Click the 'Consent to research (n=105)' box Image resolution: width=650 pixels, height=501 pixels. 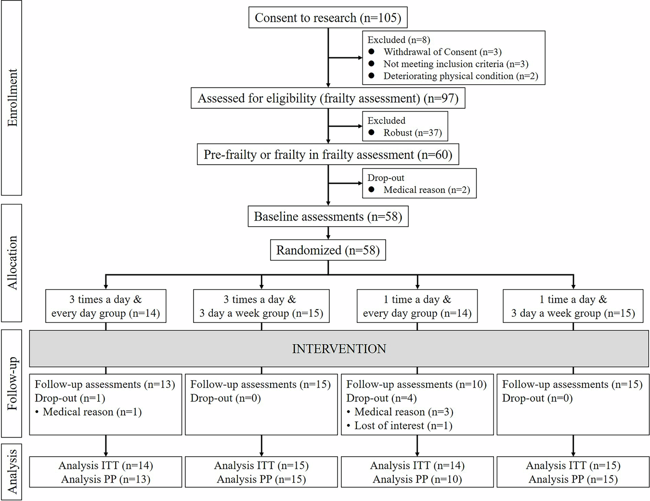coord(328,18)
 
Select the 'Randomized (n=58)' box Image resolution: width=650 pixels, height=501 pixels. coord(328,250)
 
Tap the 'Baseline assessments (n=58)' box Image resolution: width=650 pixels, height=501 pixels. coord(328,217)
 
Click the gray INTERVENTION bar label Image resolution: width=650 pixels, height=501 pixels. coord(339,349)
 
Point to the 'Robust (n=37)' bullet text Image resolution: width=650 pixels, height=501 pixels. coord(412,133)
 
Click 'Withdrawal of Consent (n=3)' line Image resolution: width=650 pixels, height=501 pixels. coord(442,52)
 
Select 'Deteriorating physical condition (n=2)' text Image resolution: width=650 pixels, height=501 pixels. coord(460,76)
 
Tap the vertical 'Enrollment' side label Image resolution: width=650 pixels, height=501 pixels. coord(12,98)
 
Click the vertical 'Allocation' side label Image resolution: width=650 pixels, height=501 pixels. coord(12,263)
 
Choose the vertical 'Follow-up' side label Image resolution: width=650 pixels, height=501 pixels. coord(12,384)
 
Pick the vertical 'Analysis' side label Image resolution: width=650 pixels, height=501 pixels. coord(12,472)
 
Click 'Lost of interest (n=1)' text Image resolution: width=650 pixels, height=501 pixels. coord(403,425)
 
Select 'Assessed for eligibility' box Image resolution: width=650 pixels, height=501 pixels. coord(328,98)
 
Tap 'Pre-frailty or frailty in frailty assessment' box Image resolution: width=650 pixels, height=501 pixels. coord(328,154)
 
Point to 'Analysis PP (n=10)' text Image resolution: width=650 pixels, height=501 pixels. coord(417,479)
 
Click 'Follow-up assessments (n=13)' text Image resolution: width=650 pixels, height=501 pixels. coord(104,385)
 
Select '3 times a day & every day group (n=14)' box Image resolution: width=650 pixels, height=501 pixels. coord(105,306)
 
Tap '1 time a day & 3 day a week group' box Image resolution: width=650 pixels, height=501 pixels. coord(573,306)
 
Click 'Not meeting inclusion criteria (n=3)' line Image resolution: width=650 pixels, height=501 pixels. coord(455,64)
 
